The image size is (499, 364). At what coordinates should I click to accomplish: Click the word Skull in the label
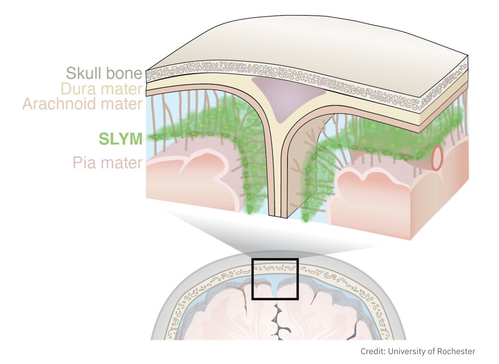coord(83,74)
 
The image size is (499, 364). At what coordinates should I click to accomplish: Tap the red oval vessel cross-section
coord(437,158)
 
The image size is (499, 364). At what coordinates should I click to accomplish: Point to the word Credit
coord(372,352)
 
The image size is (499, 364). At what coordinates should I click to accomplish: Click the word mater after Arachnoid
coord(123,104)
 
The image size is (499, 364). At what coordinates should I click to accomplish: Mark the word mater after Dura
coord(124,89)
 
